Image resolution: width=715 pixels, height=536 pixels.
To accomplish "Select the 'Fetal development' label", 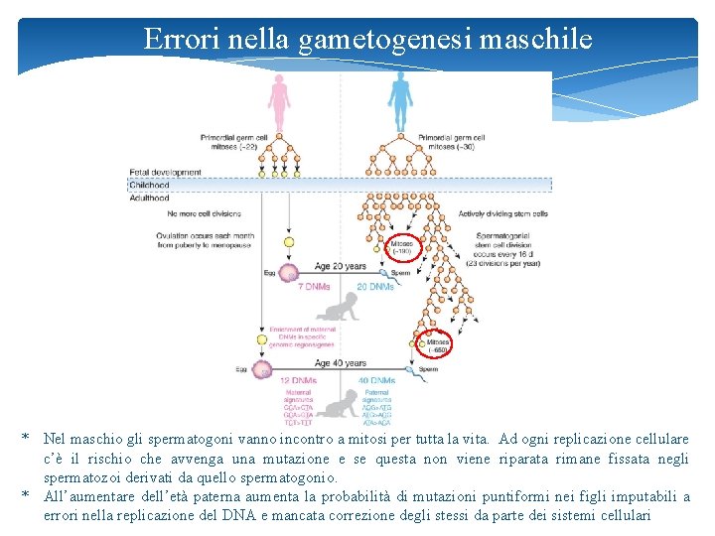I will tap(165, 173).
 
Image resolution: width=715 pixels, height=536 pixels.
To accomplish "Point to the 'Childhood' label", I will tap(150, 185).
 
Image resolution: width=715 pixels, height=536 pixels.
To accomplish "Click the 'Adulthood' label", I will tap(151, 198).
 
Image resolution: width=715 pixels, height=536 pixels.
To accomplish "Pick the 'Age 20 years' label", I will tap(341, 266).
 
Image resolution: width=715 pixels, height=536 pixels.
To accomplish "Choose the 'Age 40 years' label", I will tap(341, 363).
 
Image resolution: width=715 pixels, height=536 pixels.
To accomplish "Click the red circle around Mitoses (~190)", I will tap(402, 246).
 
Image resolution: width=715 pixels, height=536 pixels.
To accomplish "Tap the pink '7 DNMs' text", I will tap(315, 287).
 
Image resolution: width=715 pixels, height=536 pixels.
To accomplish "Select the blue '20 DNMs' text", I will tap(374, 287).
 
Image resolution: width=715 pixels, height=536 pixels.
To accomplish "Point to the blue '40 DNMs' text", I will tap(376, 380).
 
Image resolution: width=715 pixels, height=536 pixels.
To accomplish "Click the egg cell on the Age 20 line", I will tap(288, 272).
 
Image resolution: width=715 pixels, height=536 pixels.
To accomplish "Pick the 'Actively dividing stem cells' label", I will tap(503, 213).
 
